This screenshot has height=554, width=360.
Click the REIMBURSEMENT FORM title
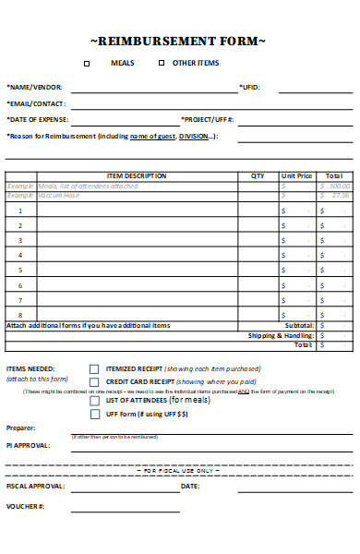click(178, 42)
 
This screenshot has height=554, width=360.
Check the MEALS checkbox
click(88, 64)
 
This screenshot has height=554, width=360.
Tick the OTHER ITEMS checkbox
click(161, 64)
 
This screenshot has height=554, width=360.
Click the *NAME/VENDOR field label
click(31, 88)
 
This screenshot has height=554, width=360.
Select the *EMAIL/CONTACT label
click(35, 103)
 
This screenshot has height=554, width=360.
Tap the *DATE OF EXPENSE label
click(38, 120)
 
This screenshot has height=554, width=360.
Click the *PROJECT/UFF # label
click(208, 120)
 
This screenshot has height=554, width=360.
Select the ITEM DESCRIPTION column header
click(137, 175)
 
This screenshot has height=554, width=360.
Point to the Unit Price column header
click(296, 175)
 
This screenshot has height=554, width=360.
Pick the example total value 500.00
click(339, 186)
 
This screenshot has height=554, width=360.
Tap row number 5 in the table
click(20, 271)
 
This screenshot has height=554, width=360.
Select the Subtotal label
click(299, 326)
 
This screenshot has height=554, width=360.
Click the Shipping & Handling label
click(281, 336)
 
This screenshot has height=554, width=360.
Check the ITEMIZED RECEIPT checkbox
click(94, 368)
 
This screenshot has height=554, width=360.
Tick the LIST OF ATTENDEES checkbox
click(94, 401)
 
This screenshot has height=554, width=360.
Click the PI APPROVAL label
click(29, 445)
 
